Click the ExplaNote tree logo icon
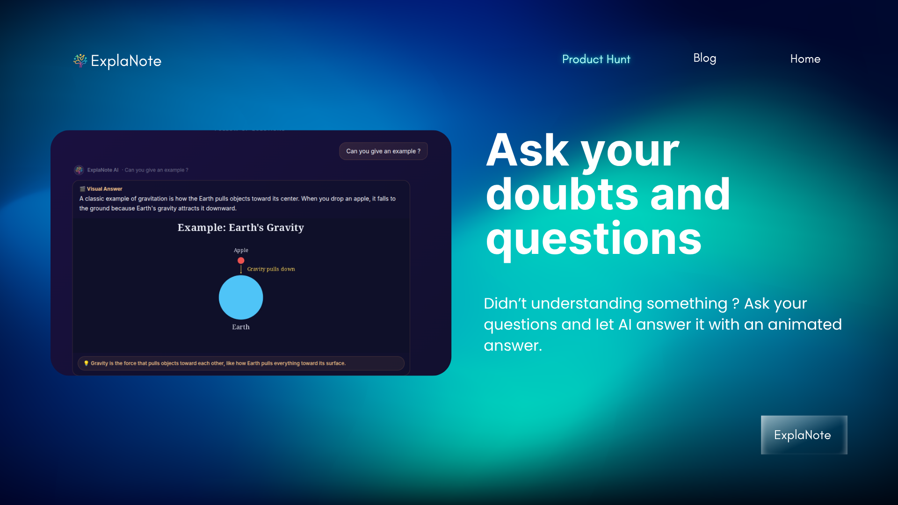[x=80, y=60]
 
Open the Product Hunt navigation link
[x=596, y=59]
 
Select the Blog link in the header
[x=704, y=58]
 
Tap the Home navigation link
[x=805, y=59]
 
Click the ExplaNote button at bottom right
[x=804, y=435]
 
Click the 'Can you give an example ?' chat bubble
[x=383, y=151]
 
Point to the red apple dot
[x=241, y=260]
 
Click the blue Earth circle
[x=241, y=297]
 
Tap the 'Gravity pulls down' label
[x=271, y=269]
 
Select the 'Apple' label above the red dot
[x=241, y=250]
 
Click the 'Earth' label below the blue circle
[x=241, y=327]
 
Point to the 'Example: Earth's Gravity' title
[x=240, y=228]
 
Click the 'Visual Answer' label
[x=104, y=189]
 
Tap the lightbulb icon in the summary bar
[x=86, y=363]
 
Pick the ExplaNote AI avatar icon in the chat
[x=79, y=170]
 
